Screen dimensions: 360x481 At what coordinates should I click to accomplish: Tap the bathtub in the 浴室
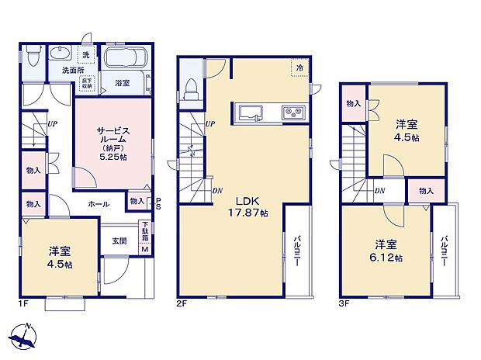click(126, 59)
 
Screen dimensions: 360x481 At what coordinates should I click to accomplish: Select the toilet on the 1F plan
click(32, 58)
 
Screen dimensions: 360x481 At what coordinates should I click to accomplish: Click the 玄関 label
click(119, 241)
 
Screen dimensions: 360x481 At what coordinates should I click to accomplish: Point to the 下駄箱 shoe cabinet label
click(144, 231)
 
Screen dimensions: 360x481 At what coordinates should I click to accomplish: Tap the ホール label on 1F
click(99, 203)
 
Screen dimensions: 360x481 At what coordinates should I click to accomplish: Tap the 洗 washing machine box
click(85, 55)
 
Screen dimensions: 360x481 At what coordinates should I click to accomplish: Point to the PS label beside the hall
click(158, 203)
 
